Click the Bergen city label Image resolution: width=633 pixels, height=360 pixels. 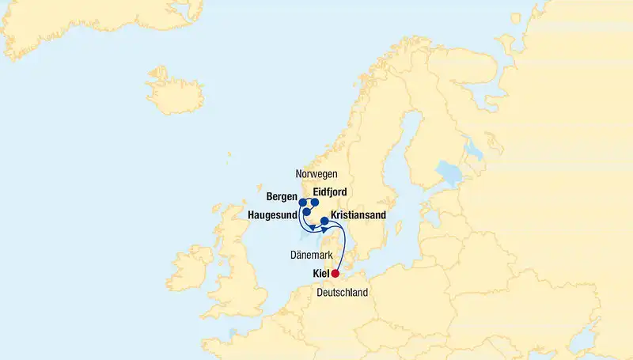click(282, 196)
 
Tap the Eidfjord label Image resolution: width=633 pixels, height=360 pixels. click(329, 191)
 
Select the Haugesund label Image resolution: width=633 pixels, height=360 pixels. click(272, 214)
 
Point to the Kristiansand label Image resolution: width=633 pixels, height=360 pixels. click(358, 214)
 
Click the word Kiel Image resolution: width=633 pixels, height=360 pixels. click(320, 275)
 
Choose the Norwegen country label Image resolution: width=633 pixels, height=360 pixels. click(316, 173)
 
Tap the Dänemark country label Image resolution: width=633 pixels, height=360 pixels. click(311, 255)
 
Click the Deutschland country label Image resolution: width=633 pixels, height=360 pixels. click(342, 293)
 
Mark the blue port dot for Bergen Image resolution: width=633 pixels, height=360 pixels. click(303, 203)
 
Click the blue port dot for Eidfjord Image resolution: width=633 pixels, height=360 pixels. click(314, 203)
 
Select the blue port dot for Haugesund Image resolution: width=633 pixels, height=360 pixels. click(307, 212)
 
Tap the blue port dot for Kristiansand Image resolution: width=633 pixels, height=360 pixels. click(324, 222)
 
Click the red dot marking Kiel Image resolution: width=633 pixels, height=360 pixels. click(335, 274)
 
